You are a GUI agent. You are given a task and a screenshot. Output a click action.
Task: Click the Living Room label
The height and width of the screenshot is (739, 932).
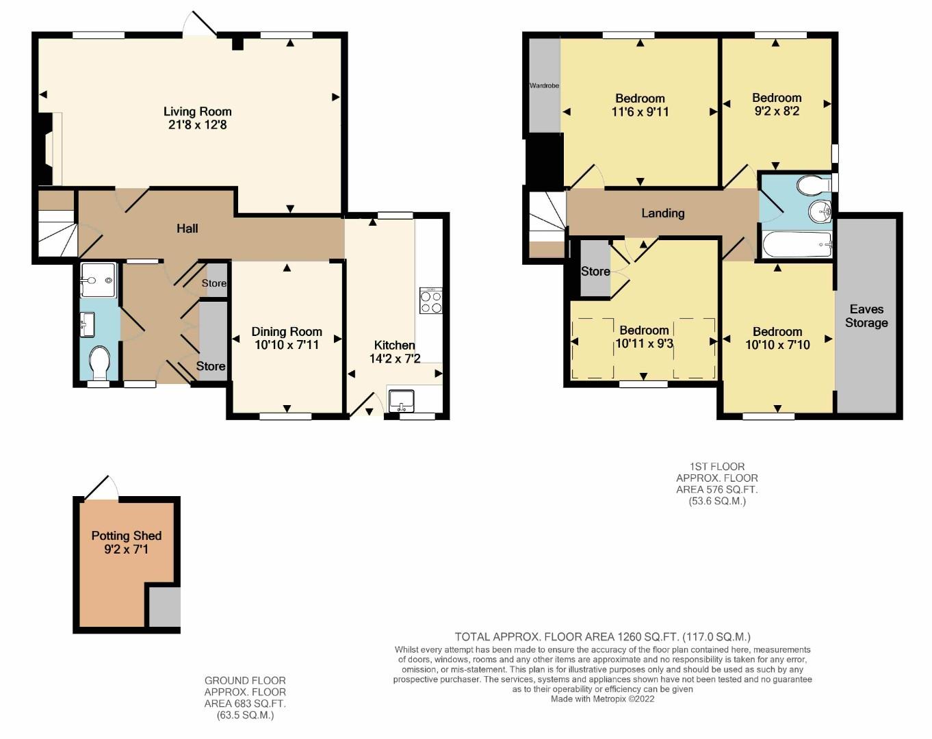(x=197, y=112)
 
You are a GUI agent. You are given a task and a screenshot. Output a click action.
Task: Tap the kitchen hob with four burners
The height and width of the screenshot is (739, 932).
(x=430, y=302)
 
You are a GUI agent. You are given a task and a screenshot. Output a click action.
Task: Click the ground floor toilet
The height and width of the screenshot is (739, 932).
(x=100, y=361)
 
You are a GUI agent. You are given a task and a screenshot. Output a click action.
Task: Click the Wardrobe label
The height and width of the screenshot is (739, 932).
(x=544, y=86)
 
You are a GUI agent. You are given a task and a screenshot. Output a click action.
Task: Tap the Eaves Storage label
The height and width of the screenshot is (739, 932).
(x=866, y=316)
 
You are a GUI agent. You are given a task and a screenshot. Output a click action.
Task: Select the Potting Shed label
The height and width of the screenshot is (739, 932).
(x=127, y=536)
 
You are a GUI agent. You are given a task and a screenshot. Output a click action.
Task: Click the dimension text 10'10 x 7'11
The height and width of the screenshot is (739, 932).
(x=286, y=345)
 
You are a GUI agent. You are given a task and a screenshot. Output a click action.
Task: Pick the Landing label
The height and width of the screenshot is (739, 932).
(x=662, y=213)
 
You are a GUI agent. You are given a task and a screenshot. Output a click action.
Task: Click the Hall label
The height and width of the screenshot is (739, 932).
(x=187, y=228)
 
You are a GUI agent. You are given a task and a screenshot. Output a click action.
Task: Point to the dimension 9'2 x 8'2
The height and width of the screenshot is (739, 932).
(x=777, y=111)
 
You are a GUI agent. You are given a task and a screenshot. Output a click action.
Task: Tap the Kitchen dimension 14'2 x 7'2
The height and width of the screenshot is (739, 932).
(x=395, y=359)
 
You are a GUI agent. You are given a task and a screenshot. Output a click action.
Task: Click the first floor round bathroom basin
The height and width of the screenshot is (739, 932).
(x=818, y=212)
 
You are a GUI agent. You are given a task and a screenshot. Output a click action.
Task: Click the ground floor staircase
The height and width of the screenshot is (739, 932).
(x=56, y=233)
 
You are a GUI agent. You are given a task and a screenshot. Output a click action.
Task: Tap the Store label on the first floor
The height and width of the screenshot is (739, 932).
(x=595, y=271)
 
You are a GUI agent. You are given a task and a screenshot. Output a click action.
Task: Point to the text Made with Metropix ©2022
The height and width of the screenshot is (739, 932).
(x=602, y=699)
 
